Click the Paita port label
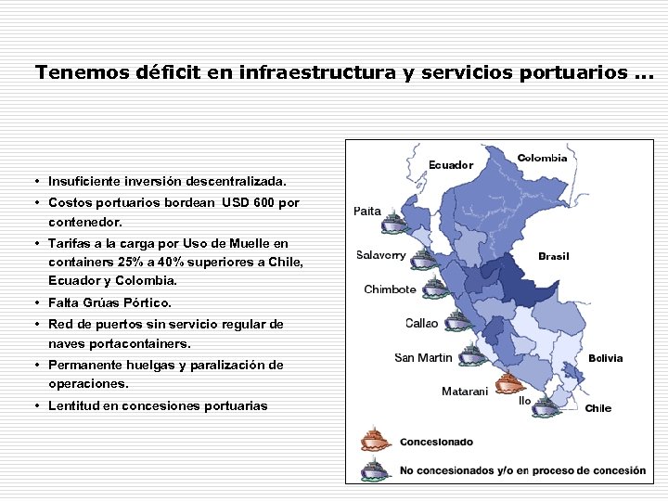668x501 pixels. pos(367,212)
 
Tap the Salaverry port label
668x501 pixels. pos(381,255)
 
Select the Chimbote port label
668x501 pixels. pos(390,289)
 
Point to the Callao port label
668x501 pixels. pos(422,324)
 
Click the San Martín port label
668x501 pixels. pos(423,358)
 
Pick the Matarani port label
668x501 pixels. pos(465,392)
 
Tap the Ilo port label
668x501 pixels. pos(525,401)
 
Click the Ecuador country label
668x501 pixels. pos(451,165)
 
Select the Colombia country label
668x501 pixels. pos(542,158)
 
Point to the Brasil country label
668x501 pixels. pos(554,256)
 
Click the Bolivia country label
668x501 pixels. pos(605,358)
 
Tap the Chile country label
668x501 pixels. pos(598,408)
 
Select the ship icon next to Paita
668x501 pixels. pos(395,223)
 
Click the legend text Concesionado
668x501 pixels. pos(436,443)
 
